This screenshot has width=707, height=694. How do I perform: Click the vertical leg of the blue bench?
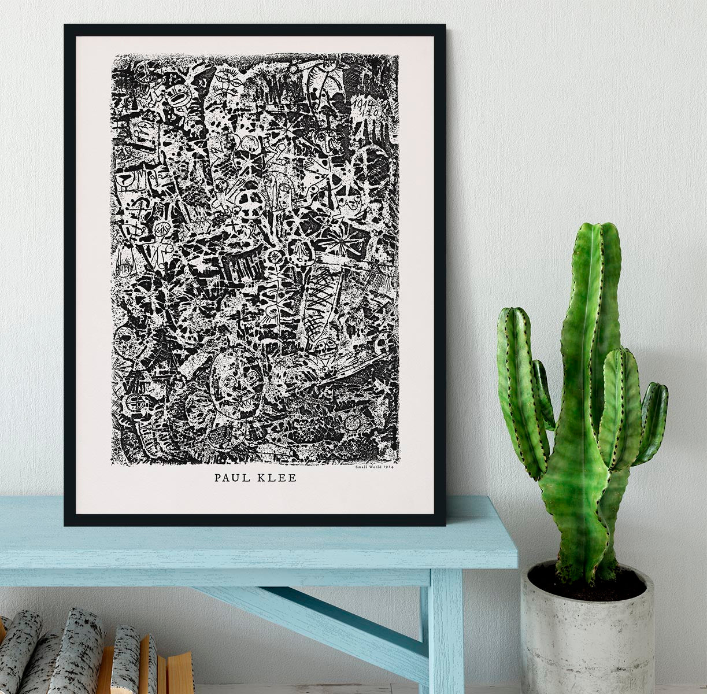[x=445, y=630]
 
